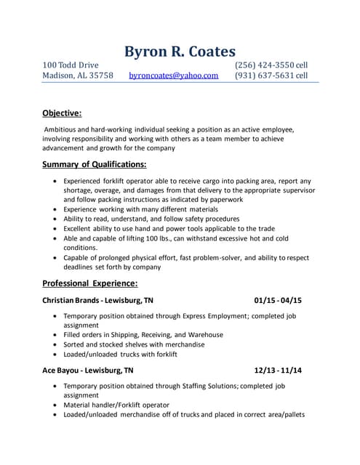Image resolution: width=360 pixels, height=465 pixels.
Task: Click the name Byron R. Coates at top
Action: pos(180,51)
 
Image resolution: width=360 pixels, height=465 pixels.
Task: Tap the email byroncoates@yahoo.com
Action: pos(173,76)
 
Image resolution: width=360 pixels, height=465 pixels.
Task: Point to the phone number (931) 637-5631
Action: pos(265,76)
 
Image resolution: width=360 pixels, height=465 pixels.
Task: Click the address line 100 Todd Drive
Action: pos(70,65)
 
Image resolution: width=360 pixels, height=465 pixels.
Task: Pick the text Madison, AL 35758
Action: pos(78,76)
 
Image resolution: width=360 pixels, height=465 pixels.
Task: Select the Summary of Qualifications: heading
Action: pos(94,163)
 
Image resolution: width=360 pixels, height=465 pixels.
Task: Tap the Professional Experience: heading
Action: pos(89,283)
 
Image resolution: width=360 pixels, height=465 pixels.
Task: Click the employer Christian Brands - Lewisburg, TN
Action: pos(97,300)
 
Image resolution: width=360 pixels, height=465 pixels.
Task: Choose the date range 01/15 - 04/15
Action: pos(278,300)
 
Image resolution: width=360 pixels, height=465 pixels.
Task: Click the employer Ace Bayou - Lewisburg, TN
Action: pos(87,370)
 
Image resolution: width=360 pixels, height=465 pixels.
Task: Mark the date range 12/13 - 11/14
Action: pos(278,370)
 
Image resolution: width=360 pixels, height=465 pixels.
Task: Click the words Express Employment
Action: pos(202,317)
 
